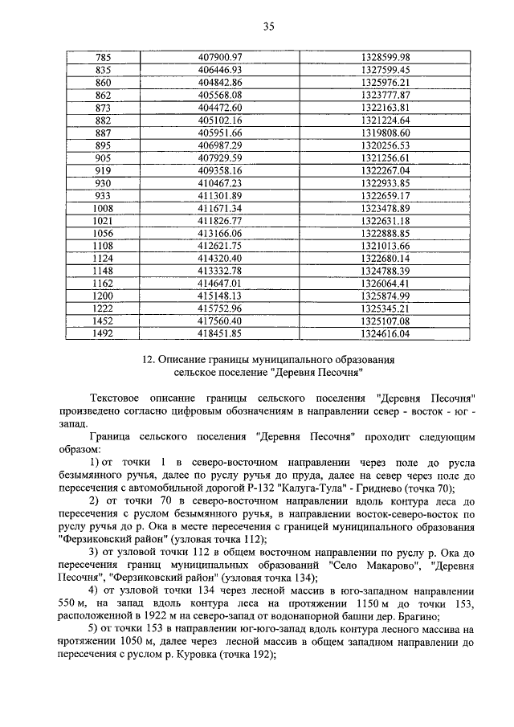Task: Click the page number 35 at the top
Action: coord(268,27)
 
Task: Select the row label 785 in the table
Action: coord(103,56)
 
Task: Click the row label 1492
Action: coord(103,333)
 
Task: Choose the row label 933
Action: coord(103,194)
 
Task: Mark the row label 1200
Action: coord(103,295)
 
